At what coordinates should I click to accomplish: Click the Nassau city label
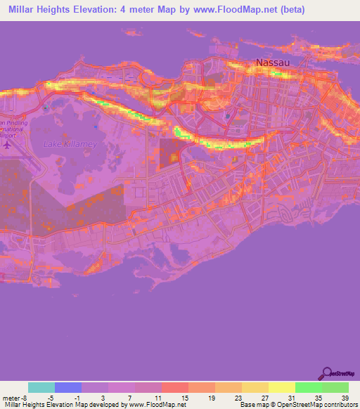[272, 63]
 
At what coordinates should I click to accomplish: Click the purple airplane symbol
[8, 145]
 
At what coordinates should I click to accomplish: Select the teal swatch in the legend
[41, 388]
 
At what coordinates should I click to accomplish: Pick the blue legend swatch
[68, 388]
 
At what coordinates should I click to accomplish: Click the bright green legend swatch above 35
[308, 388]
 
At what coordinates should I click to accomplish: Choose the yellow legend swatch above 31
[281, 388]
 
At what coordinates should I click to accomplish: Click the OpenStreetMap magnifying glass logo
[327, 373]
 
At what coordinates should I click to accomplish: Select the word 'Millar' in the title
[25, 11]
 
